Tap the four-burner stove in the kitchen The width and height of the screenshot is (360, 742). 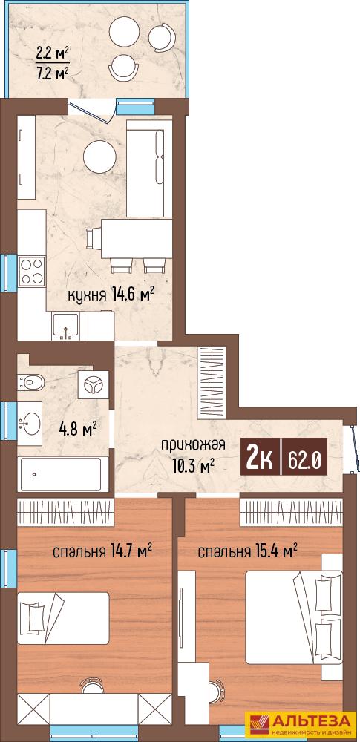32,271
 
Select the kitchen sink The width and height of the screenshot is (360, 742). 65,326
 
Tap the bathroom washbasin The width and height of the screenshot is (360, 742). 30,421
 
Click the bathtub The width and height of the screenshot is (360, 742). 59,474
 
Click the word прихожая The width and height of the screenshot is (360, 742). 193,445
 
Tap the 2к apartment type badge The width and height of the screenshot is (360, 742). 261,456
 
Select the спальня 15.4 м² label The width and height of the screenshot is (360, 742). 248,551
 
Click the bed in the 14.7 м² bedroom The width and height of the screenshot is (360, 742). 64,617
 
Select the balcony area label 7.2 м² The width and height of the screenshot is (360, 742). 53,73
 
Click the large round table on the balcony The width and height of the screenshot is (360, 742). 124,32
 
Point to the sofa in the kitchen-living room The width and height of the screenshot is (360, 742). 149,168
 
